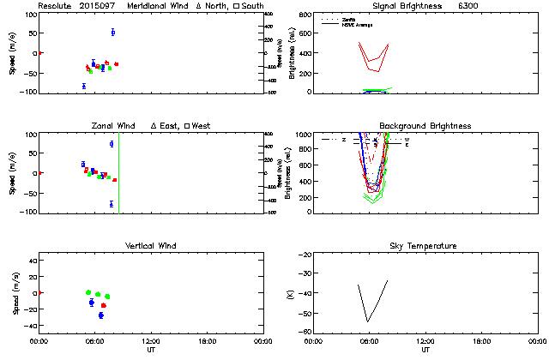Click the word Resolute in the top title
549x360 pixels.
[x=54, y=6]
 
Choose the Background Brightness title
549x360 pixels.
[x=425, y=126]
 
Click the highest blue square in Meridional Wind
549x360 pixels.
[x=113, y=33]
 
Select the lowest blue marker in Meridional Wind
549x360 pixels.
[x=84, y=86]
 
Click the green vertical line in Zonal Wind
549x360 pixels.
[x=118, y=171]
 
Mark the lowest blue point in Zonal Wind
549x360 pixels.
[x=112, y=204]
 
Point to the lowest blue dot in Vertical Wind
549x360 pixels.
[x=100, y=315]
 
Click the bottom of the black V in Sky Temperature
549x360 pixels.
[x=367, y=321]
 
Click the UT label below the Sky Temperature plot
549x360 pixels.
[x=425, y=350]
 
